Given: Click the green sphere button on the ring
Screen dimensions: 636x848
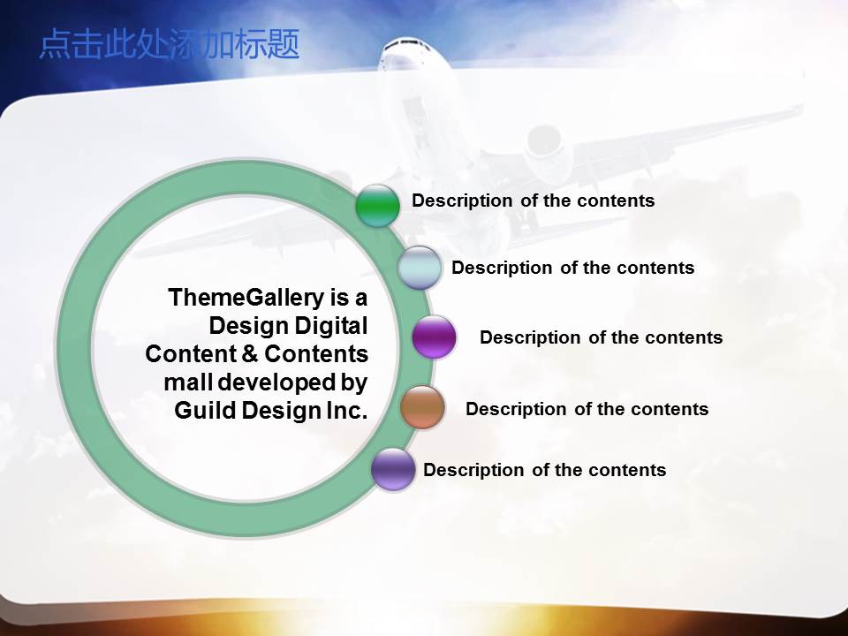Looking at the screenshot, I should coord(377,205).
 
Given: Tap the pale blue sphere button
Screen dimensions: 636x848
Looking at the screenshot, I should coord(420,268).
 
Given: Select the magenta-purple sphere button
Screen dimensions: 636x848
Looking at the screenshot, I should coord(434,337).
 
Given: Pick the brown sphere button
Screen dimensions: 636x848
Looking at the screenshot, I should coord(422,407).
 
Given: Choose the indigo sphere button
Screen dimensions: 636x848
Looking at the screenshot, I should coord(393,469).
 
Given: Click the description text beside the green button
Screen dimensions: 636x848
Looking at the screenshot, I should coord(533,201).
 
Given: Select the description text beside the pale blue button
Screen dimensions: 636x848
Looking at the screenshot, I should coord(572,268).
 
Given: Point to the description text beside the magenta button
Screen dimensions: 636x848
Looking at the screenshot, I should coord(601,337).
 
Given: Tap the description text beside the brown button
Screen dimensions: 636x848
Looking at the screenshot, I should coord(587,409).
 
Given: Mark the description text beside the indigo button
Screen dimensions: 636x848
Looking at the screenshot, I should coord(544,470).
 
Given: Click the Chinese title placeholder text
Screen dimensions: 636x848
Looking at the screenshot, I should coord(169,44).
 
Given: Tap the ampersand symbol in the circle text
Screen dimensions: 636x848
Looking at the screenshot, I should coord(249,354).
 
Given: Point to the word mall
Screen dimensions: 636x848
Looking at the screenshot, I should coord(183,382).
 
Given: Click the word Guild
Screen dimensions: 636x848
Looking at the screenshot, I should coord(204,411).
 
